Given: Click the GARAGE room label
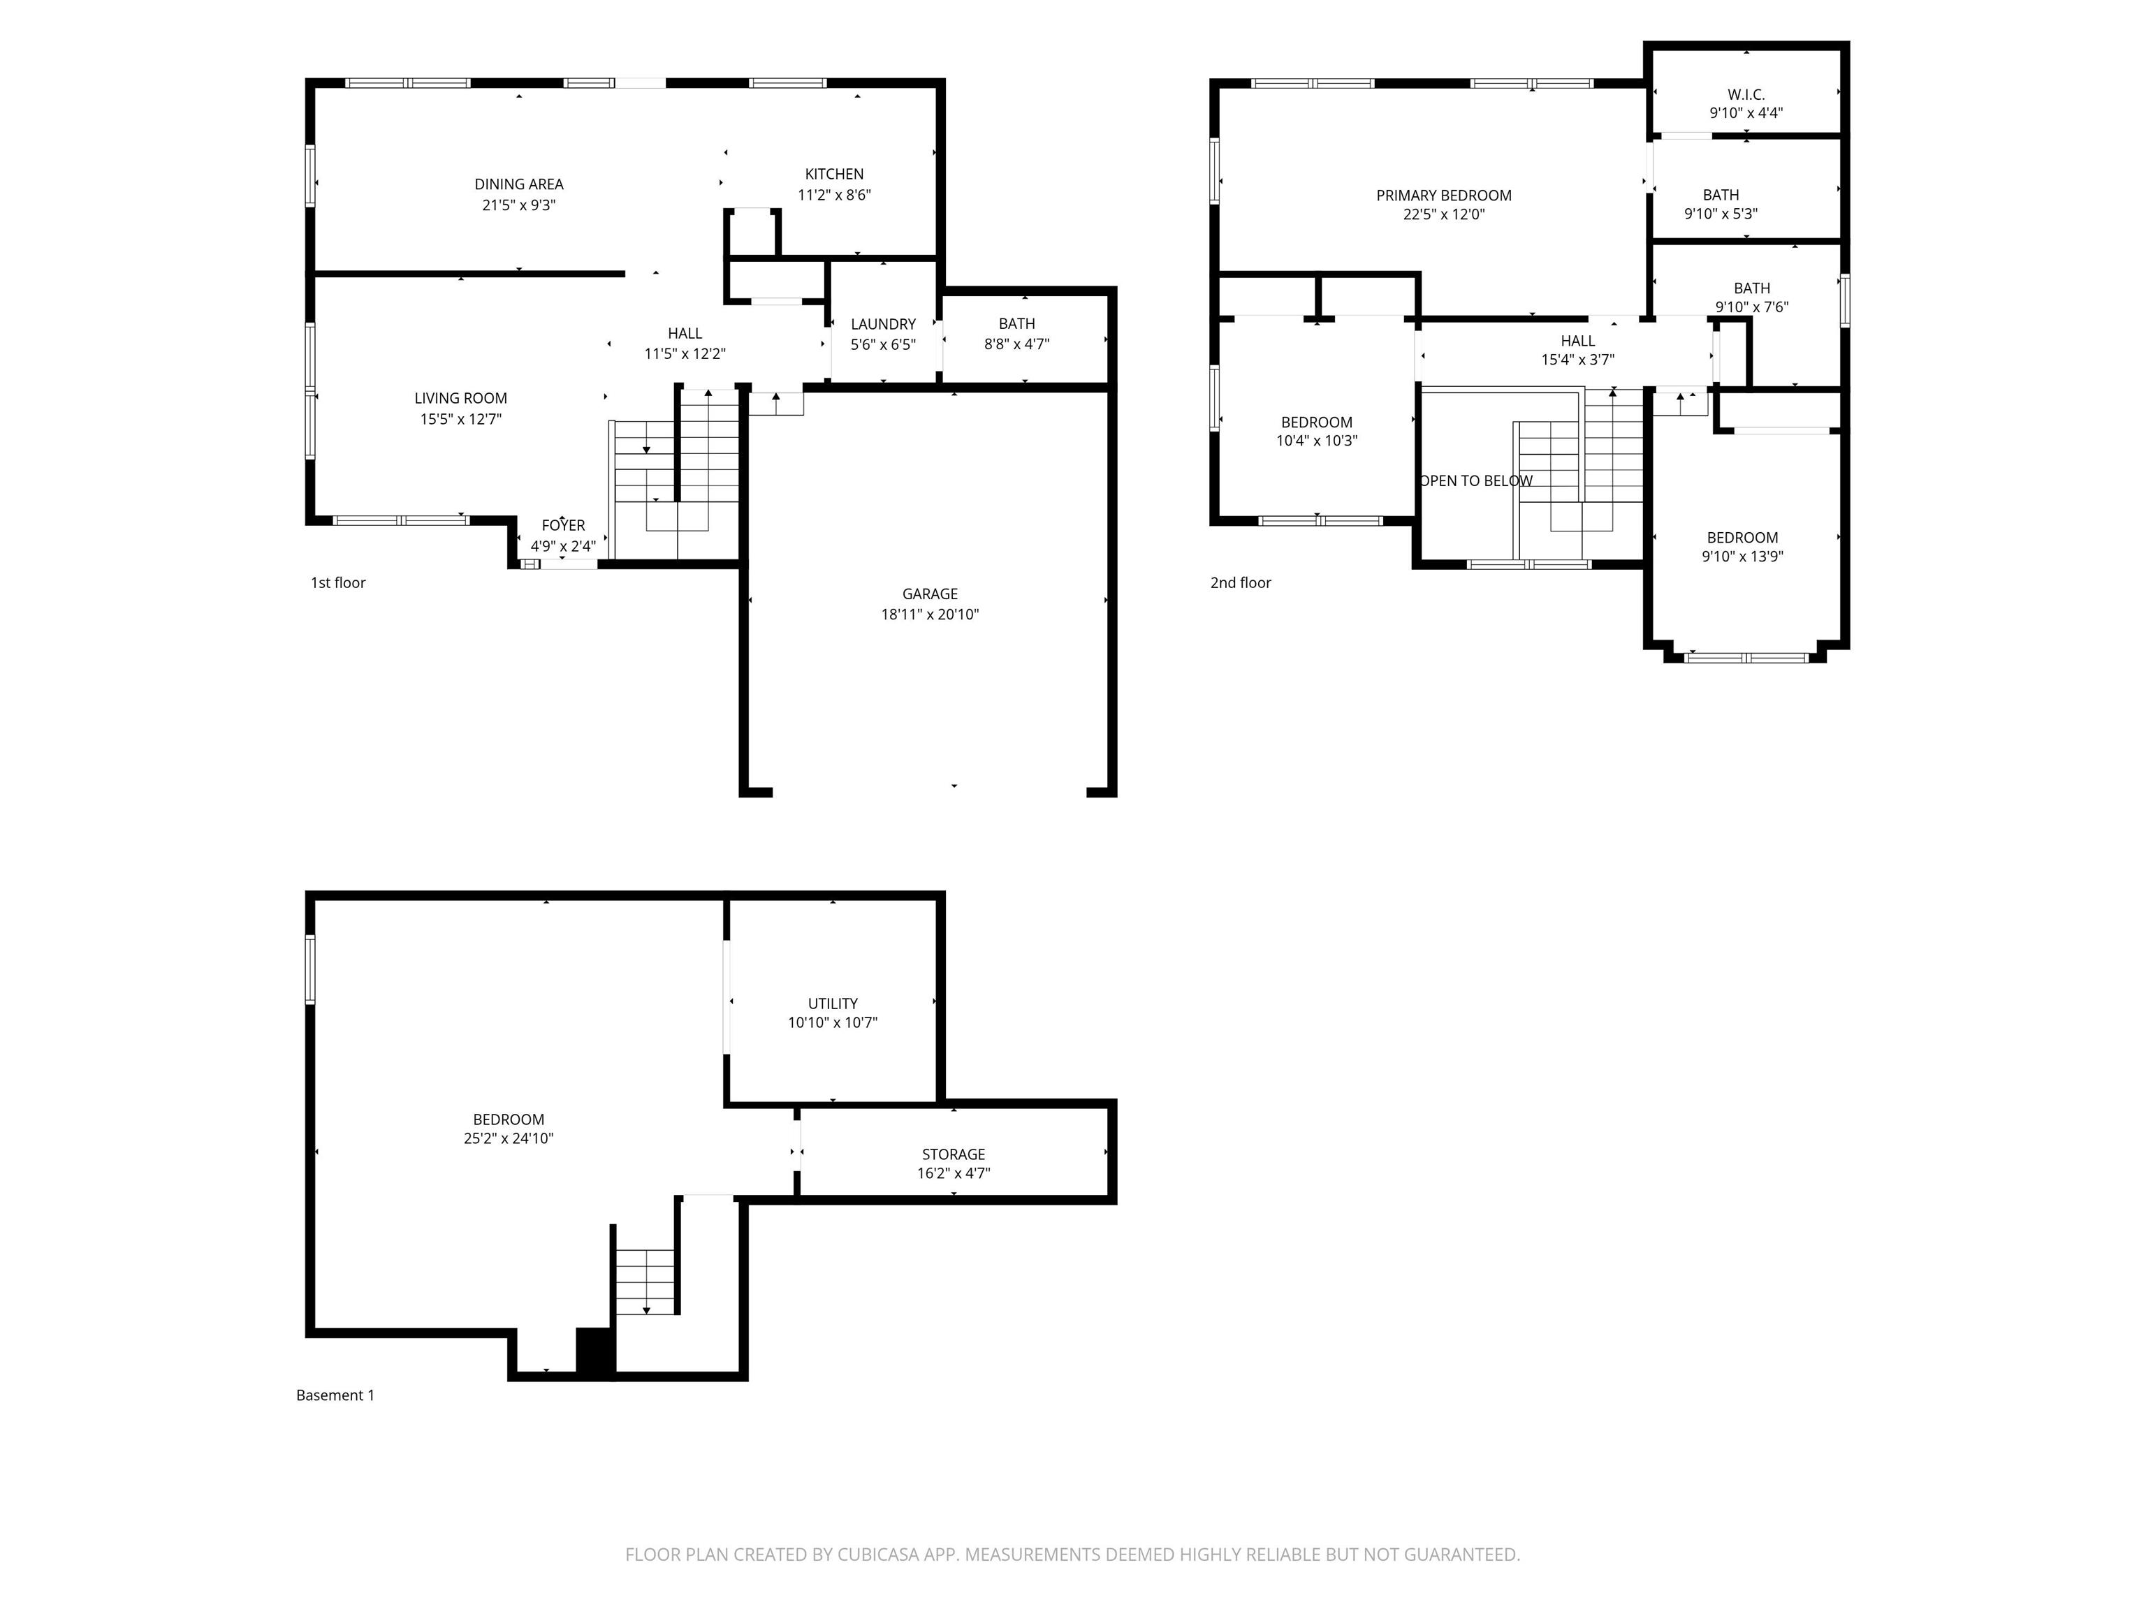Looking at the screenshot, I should (x=929, y=594).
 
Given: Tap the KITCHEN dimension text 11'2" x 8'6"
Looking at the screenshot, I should (x=834, y=195).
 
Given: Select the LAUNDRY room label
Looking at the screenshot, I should (x=883, y=324).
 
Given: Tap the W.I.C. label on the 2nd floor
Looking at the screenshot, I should (x=1745, y=94).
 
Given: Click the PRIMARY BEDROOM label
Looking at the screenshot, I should (x=1444, y=195).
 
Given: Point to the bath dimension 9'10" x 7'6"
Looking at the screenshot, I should (x=1751, y=307).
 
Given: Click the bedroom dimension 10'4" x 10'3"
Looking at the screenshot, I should (x=1317, y=441).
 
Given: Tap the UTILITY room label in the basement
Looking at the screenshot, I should (x=833, y=1003).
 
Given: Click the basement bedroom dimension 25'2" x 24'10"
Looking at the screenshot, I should (x=509, y=1138).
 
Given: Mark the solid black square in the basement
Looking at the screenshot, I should (x=594, y=1350).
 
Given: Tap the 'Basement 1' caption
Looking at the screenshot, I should (x=335, y=1395).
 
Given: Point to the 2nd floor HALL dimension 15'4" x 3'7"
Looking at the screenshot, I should (x=1577, y=360).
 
